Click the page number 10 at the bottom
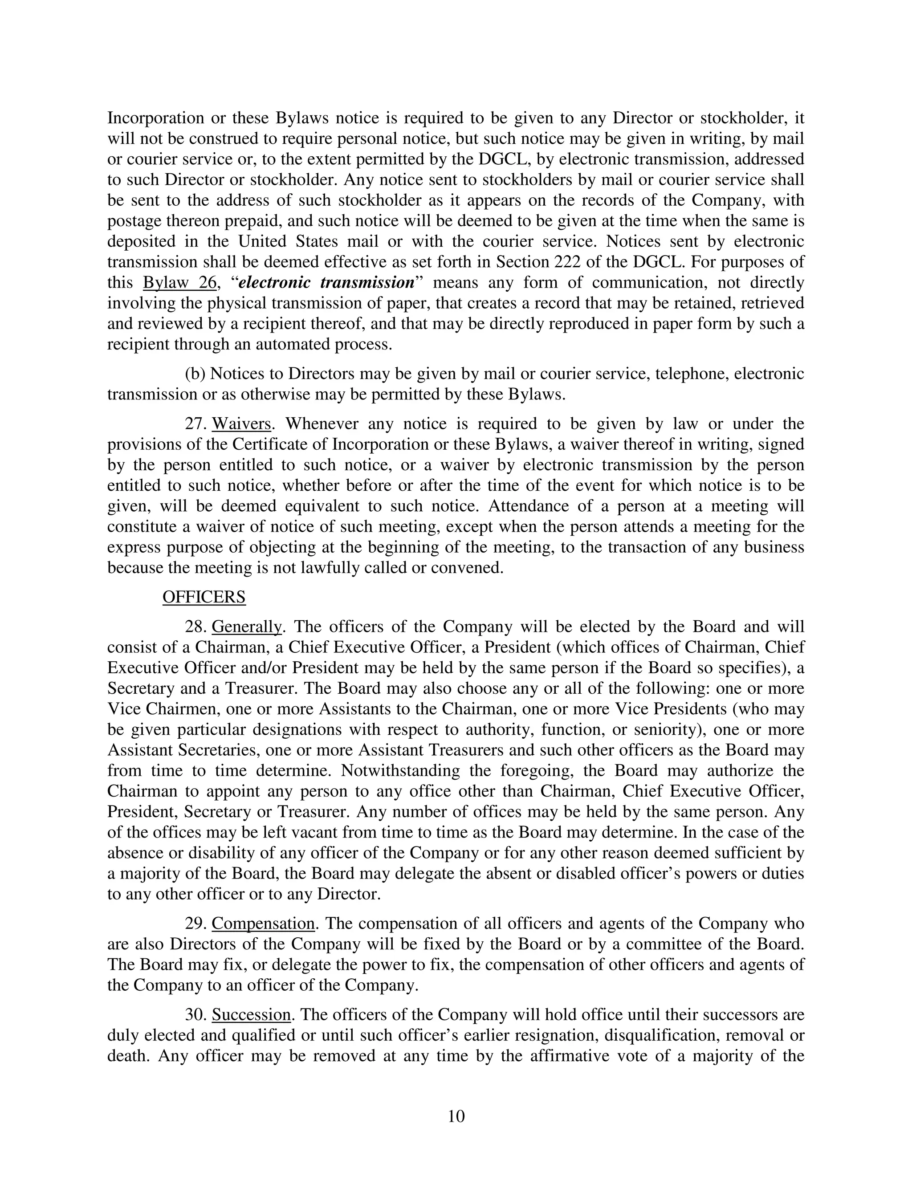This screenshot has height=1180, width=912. click(x=456, y=1116)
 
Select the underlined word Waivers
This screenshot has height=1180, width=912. click(x=241, y=423)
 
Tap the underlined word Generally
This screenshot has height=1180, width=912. click(x=246, y=627)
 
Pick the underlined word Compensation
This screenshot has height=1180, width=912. click(x=263, y=924)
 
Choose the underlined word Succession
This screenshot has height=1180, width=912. click(x=252, y=1015)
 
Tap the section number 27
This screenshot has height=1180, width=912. click(x=195, y=423)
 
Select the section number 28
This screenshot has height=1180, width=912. click(x=195, y=627)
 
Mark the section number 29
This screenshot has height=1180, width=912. click(x=195, y=924)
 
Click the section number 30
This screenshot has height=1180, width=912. click(x=195, y=1015)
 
